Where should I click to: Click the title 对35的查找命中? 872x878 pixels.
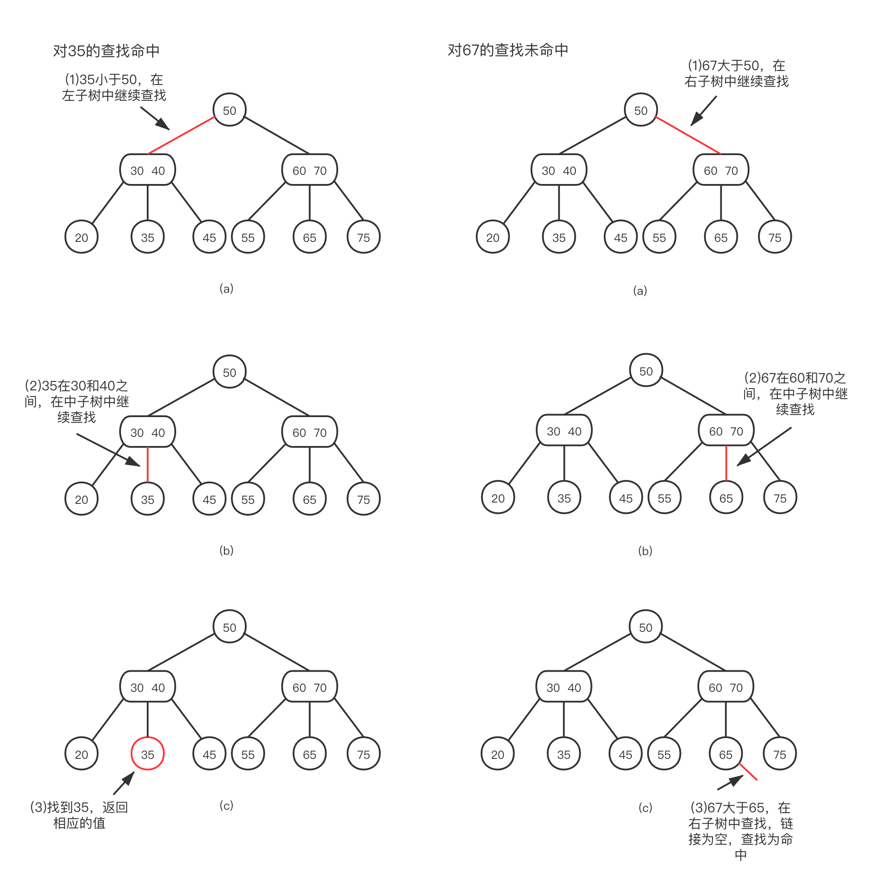[x=106, y=50]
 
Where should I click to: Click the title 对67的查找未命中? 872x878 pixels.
[x=507, y=50]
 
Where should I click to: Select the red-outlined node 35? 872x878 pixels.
[x=148, y=754]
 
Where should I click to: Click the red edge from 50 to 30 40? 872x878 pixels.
[x=181, y=136]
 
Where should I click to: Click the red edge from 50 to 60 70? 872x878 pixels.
[x=688, y=135]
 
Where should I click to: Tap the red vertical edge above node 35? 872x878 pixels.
[x=148, y=464]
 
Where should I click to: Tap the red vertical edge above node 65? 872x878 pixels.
[x=726, y=463]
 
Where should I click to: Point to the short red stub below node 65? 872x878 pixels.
[x=748, y=772]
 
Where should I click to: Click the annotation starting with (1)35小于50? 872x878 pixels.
[x=113, y=88]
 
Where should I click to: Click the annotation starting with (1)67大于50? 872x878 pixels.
[x=736, y=74]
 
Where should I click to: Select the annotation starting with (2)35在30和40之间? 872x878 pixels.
[x=76, y=401]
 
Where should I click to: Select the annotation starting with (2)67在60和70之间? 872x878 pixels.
[x=795, y=393]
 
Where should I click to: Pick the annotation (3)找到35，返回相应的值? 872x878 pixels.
[x=79, y=815]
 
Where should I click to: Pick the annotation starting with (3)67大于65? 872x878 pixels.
[x=741, y=831]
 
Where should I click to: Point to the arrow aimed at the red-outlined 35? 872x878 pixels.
[x=124, y=782]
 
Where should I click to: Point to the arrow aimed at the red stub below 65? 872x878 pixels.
[x=730, y=783]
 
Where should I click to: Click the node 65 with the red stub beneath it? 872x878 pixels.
[x=725, y=754]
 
